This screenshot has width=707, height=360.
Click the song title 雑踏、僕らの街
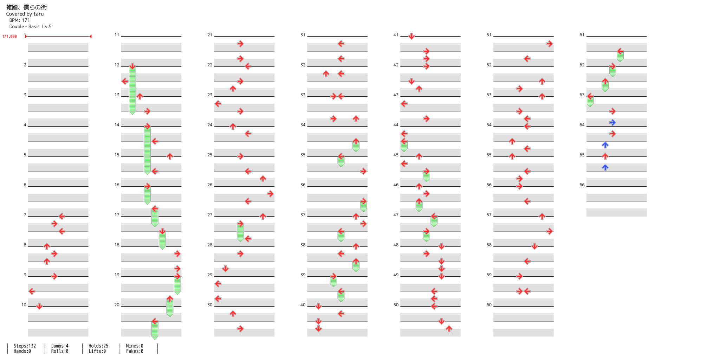(26, 7)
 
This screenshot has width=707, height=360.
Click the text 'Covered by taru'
(25, 14)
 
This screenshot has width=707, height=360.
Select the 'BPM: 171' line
(20, 20)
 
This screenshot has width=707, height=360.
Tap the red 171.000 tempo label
(9, 37)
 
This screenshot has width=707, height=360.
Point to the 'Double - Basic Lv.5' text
(30, 27)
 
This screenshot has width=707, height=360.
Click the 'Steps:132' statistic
(25, 346)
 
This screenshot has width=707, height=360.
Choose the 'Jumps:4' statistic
(60, 346)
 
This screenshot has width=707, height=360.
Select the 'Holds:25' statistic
(98, 346)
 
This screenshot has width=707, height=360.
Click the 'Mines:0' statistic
(135, 346)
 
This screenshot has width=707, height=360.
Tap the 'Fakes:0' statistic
(135, 351)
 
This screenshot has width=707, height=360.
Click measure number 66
(582, 185)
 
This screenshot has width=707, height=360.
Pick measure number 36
(303, 185)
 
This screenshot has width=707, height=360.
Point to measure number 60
(489, 305)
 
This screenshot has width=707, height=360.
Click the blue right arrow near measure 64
(612, 122)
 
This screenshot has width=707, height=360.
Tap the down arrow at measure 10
(39, 306)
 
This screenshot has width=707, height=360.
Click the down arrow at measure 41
(411, 36)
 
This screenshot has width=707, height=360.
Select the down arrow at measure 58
(534, 246)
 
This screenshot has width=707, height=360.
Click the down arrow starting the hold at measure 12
(132, 66)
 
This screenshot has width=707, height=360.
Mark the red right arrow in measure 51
(550, 44)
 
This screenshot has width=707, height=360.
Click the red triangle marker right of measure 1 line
(91, 37)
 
